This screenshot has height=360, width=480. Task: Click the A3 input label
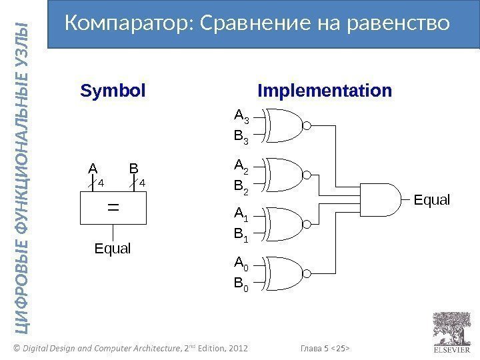coord(241,117)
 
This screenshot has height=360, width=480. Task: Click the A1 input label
coord(241,214)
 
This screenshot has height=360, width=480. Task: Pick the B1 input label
coord(241,237)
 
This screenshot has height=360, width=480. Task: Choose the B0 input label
coord(241,287)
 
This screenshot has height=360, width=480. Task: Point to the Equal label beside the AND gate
coord(432,199)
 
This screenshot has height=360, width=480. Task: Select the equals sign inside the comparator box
coord(113,208)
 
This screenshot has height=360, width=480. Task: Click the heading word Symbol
coord(113,91)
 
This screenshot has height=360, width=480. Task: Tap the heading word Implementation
coord(325,91)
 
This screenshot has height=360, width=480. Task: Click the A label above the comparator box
coord(93,168)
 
